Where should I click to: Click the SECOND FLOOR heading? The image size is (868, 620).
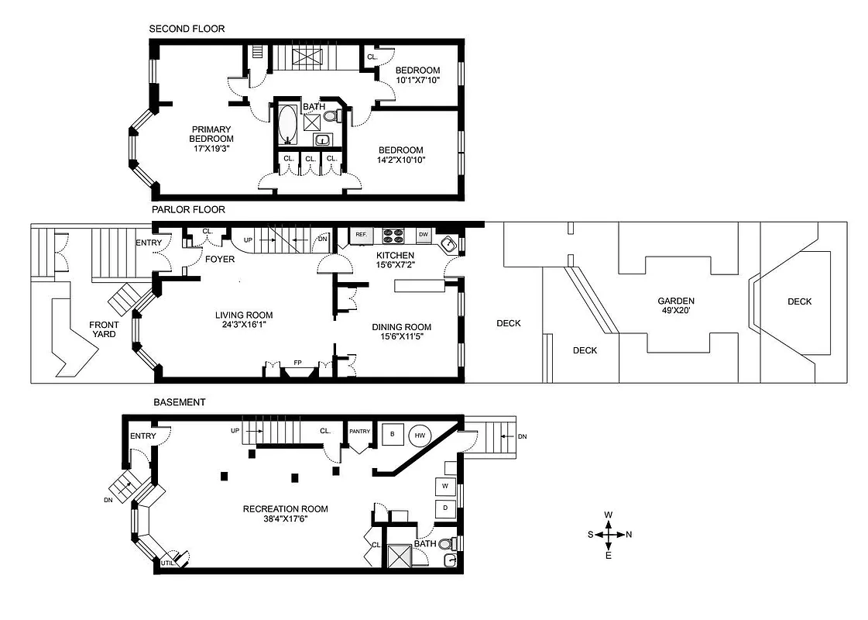tap(187, 29)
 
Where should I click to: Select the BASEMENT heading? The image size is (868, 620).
tap(179, 402)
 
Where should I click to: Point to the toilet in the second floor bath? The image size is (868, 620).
tap(331, 117)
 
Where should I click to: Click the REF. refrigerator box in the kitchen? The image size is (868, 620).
tap(361, 234)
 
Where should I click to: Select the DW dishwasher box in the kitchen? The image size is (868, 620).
tap(423, 234)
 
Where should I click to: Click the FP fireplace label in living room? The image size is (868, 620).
tap(297, 363)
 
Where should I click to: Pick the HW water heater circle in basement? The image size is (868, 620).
tap(420, 436)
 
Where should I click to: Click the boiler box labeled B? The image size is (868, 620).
tap(393, 435)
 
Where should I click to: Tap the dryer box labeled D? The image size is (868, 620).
tap(445, 508)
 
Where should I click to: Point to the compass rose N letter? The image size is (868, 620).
tap(629, 534)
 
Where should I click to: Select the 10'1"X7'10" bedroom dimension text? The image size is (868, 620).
tap(418, 80)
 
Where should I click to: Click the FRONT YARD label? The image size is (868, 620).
tap(104, 329)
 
